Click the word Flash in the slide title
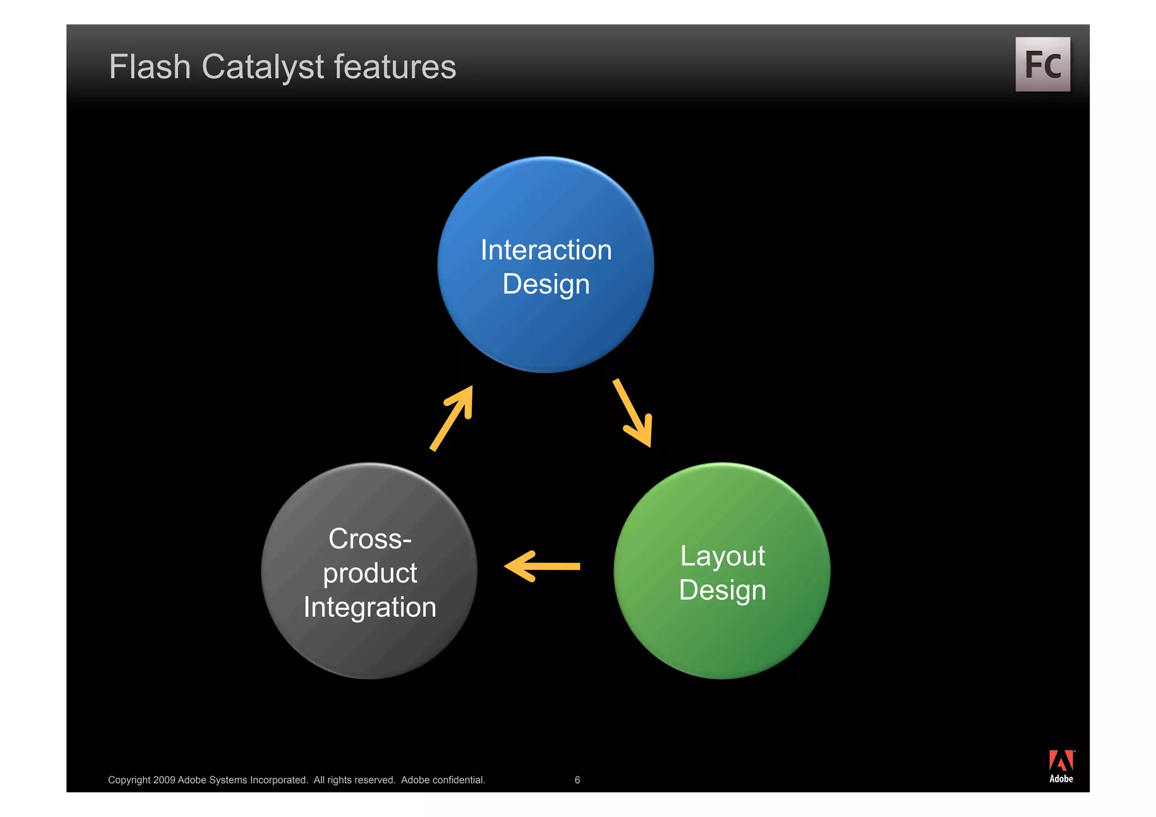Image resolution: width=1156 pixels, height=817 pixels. click(150, 67)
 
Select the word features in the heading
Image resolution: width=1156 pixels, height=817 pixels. click(395, 67)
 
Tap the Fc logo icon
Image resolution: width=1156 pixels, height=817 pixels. click(1043, 64)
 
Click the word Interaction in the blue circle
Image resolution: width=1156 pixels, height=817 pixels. click(546, 250)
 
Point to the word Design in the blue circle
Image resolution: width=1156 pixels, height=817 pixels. click(546, 284)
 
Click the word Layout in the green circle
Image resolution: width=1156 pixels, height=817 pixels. click(722, 556)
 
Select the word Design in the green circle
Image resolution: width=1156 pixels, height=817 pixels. click(722, 590)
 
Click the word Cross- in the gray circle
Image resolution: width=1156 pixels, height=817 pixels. click(370, 539)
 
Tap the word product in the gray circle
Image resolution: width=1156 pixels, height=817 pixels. click(370, 573)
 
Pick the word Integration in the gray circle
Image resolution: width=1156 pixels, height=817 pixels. click(370, 608)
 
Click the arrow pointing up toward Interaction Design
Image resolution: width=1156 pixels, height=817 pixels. click(452, 418)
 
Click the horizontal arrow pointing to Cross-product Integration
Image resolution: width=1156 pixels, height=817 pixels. click(542, 566)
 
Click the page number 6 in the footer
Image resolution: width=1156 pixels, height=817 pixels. click(577, 780)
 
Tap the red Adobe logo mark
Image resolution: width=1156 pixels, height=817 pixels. click(1061, 761)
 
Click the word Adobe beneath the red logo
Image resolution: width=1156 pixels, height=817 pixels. click(1061, 779)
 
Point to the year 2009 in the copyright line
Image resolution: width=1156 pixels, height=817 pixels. click(164, 780)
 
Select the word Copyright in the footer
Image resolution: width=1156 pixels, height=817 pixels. click(129, 780)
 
